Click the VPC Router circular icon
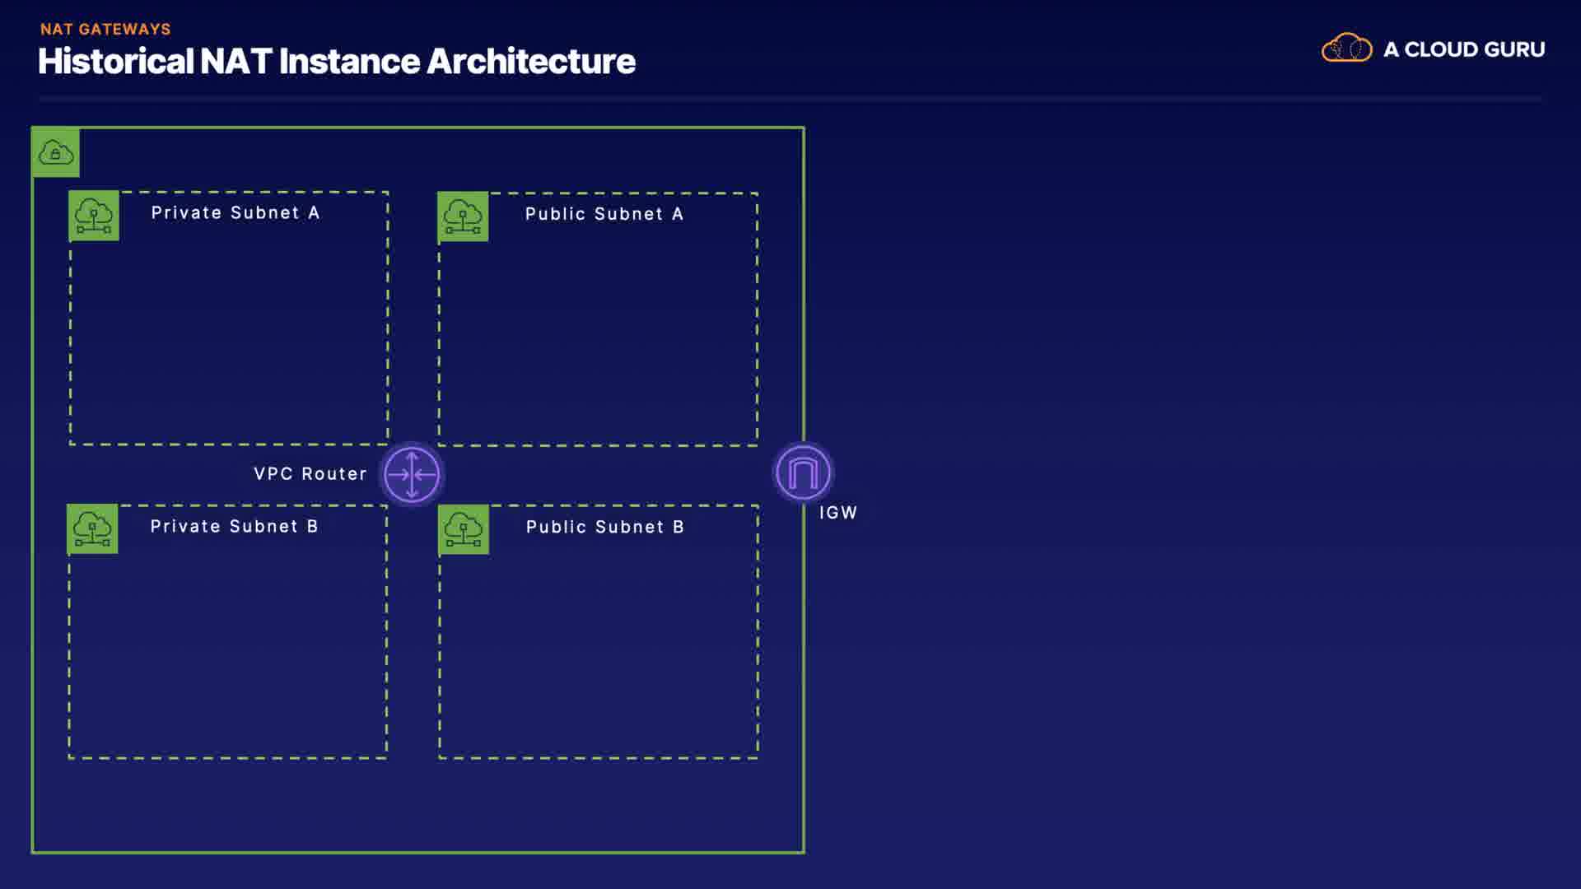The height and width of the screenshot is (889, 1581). (412, 474)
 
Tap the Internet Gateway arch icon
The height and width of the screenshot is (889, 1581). (804, 472)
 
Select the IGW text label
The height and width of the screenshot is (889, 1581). (838, 513)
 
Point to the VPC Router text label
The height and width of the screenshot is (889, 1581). (310, 474)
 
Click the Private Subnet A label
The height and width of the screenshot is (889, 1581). (236, 212)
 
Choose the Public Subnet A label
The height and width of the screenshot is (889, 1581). (604, 214)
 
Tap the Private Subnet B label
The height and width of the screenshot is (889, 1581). (234, 526)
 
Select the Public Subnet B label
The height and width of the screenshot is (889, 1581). (605, 527)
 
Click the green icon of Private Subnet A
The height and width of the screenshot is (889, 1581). (94, 216)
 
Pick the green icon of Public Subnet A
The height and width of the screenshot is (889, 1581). (463, 216)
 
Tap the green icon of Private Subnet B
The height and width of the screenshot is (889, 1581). (92, 528)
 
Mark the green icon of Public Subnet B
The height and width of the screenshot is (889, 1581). (464, 529)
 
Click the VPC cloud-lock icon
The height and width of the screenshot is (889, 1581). (56, 152)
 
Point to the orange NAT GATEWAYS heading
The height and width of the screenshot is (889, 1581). (105, 29)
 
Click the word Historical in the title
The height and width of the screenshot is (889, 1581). (115, 61)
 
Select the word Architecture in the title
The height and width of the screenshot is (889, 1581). (531, 61)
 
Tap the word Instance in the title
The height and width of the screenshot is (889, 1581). (349, 61)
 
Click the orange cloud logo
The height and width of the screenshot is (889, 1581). (1347, 48)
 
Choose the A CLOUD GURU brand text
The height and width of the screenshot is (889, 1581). (1464, 49)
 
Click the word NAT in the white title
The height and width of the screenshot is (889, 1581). (236, 61)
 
